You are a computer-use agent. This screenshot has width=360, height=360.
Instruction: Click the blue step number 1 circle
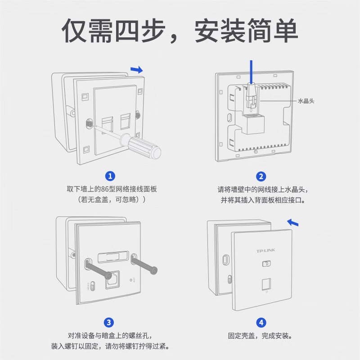tap(110, 176)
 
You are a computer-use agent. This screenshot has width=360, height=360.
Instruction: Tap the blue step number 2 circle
tap(261, 176)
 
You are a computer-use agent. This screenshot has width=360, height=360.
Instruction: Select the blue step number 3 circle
tap(109, 322)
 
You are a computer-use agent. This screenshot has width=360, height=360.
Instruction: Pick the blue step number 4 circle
tap(261, 322)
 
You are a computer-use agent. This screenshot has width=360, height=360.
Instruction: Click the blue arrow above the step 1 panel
tap(136, 69)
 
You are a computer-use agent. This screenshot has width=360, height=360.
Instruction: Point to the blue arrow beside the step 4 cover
tap(293, 222)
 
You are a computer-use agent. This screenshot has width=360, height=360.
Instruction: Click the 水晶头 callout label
tap(306, 101)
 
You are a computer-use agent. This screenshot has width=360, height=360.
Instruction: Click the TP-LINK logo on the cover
tap(265, 251)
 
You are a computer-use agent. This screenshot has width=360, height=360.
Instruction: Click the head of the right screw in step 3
tap(154, 270)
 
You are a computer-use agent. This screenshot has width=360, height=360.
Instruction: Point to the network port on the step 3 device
tap(112, 280)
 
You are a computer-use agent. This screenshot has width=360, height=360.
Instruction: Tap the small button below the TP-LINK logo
tap(266, 264)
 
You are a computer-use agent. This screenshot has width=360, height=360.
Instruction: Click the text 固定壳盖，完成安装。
tap(261, 336)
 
